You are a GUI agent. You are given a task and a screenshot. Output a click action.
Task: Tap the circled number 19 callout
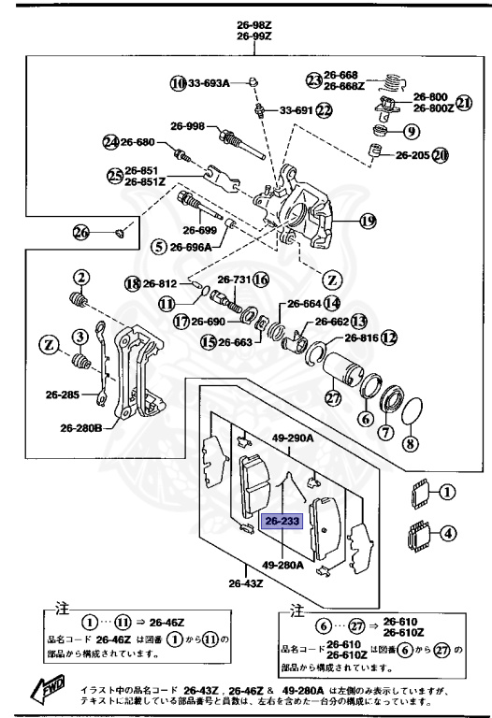pos(368,222)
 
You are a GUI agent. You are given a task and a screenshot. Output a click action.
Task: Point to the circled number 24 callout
pos(111,142)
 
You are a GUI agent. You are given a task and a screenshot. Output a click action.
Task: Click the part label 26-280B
pos(81,428)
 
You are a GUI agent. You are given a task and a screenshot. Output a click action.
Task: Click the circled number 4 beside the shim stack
pos(449,535)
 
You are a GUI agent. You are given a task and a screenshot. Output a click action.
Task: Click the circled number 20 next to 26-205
pos(440,155)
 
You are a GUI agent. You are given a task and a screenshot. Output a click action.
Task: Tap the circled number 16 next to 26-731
pos(260,280)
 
